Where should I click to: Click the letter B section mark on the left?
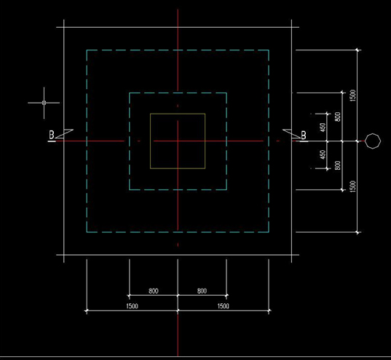click(52, 135)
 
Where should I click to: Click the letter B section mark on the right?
click(304, 136)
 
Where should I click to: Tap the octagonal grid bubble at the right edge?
click(373, 141)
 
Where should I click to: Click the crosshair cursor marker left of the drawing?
click(44, 103)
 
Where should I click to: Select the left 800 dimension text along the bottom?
click(154, 291)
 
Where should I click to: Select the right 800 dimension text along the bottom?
click(202, 291)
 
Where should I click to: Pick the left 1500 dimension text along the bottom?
click(132, 306)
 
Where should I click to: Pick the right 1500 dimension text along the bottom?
click(224, 306)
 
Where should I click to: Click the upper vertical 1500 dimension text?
click(352, 95)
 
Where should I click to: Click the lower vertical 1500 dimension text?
click(352, 187)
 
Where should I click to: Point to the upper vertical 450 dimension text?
click(323, 128)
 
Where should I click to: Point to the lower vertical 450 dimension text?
click(323, 154)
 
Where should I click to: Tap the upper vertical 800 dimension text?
click(338, 117)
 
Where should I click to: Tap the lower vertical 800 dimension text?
click(338, 165)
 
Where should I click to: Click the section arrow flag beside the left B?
click(64, 133)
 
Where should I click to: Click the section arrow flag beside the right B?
click(292, 133)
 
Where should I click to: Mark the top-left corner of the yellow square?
click(150, 114)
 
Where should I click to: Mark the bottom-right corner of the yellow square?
click(205, 168)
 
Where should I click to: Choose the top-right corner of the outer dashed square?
click(269, 50)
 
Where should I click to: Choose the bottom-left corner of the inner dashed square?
click(129, 189)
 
